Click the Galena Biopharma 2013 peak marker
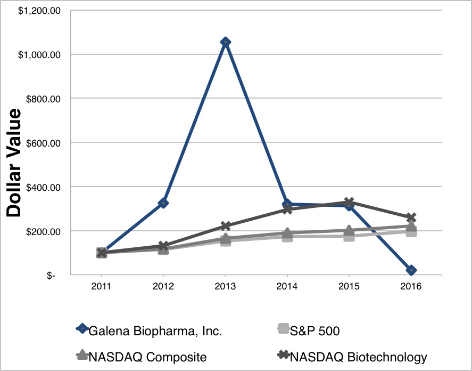[225, 42]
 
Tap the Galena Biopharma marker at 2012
[163, 203]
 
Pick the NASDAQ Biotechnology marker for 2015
[349, 203]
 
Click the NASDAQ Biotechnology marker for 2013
[225, 227]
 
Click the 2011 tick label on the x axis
[101, 286]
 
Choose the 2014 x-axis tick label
[287, 286]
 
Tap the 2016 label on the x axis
[411, 286]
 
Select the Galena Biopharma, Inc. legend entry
[155, 330]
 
